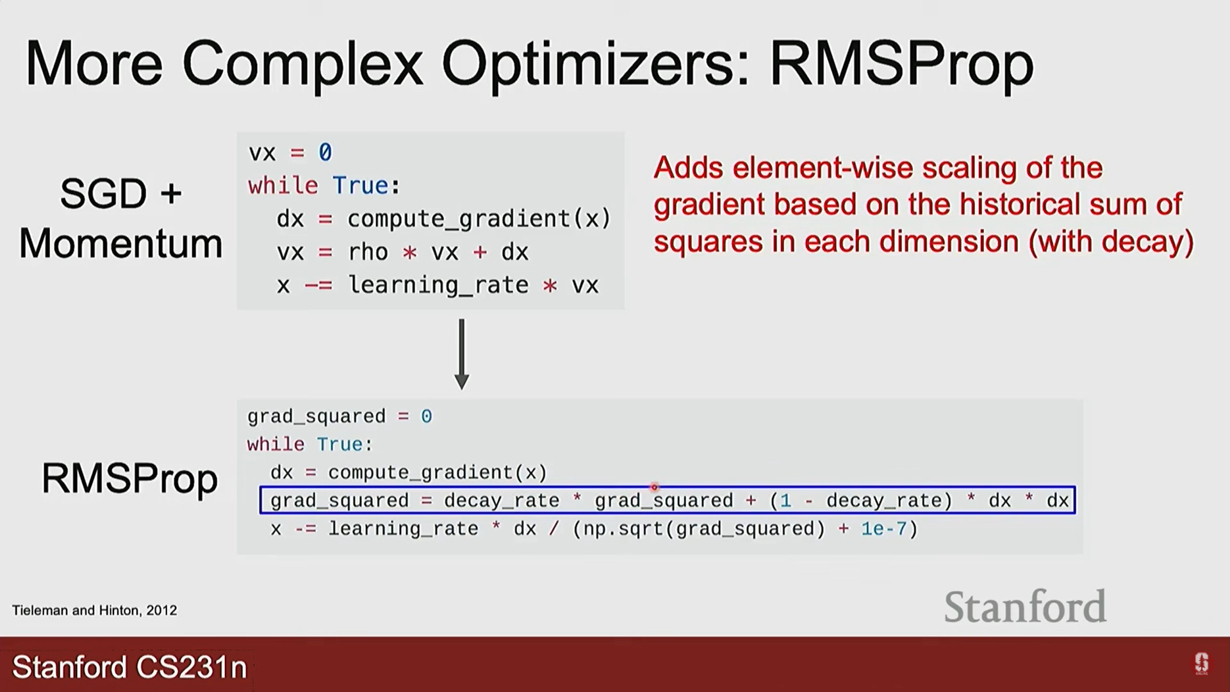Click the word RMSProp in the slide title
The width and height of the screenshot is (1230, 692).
[901, 64]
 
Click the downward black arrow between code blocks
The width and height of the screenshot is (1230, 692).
[461, 354]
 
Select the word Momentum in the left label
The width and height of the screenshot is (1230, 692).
[120, 244]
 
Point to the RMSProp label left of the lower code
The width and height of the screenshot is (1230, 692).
[129, 479]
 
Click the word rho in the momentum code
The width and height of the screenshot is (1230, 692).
[368, 252]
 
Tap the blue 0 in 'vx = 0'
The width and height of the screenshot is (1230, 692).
[325, 152]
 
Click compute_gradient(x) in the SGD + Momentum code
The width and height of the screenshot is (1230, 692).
[479, 219]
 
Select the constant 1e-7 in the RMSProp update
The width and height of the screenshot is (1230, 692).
[884, 529]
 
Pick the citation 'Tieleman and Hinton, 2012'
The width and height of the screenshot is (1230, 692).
[94, 610]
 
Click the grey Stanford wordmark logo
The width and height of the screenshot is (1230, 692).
[1025, 607]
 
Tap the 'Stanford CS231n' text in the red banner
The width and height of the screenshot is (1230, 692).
[129, 667]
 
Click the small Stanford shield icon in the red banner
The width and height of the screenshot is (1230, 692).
[1201, 663]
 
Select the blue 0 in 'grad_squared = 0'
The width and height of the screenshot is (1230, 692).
[426, 416]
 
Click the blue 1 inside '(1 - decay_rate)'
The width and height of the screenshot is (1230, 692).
[785, 500]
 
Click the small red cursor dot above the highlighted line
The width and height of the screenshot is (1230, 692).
[654, 487]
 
